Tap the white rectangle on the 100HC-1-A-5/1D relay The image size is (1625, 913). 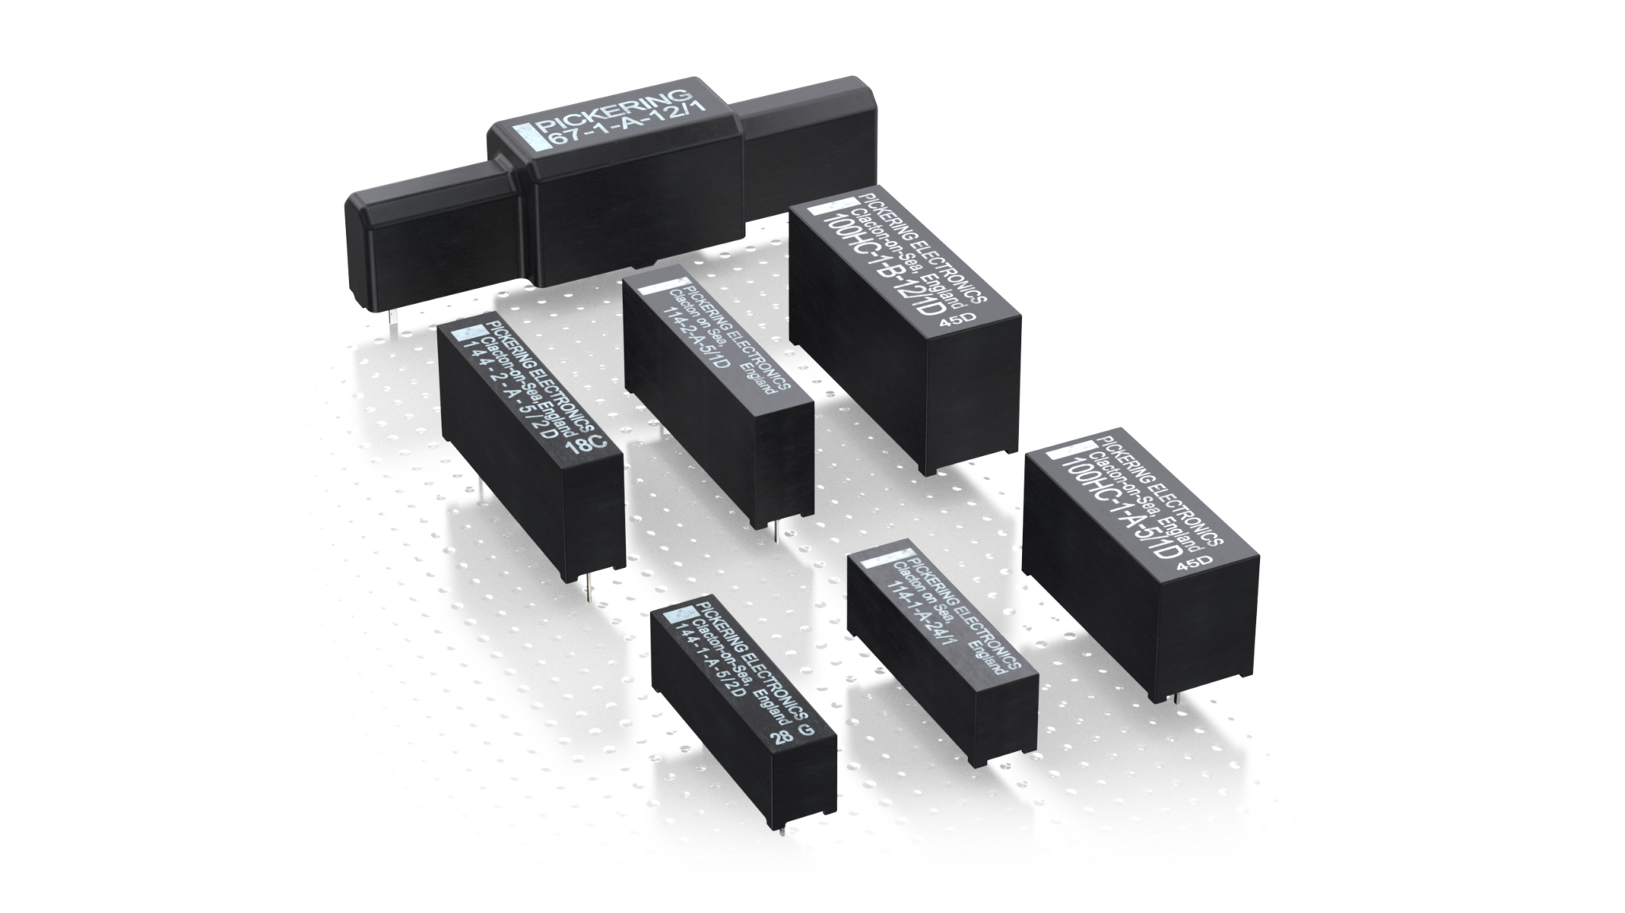[x=1061, y=456]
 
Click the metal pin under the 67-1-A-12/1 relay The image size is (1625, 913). [x=393, y=325]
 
